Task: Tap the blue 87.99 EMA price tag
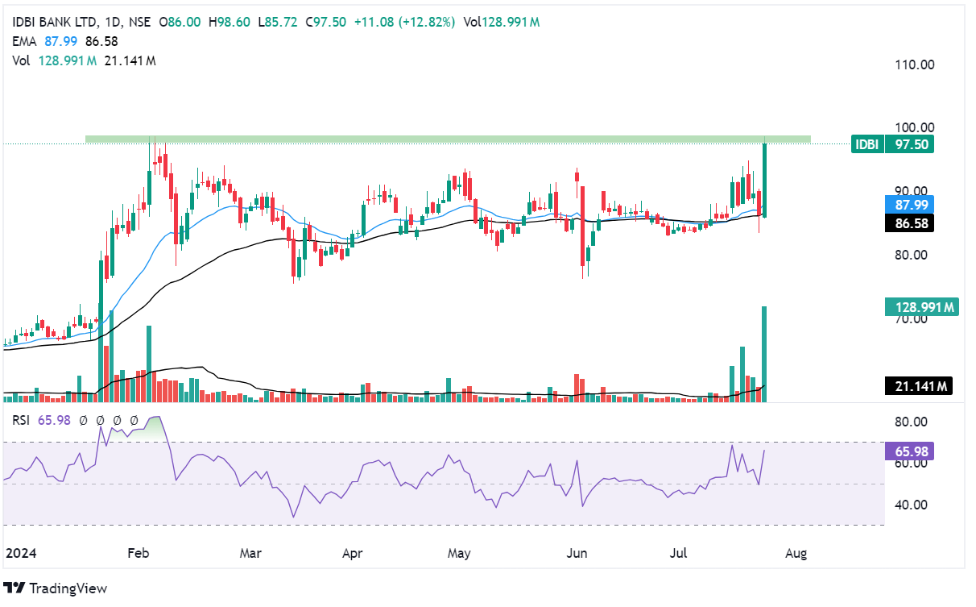coord(909,205)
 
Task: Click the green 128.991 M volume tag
coord(920,306)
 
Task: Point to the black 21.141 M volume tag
coord(919,387)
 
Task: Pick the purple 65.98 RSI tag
coord(908,451)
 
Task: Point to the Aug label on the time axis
coord(795,554)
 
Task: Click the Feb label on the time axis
coord(139,554)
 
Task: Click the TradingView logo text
coord(68,588)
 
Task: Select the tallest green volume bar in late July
coord(763,353)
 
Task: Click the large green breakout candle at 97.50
coord(763,180)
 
